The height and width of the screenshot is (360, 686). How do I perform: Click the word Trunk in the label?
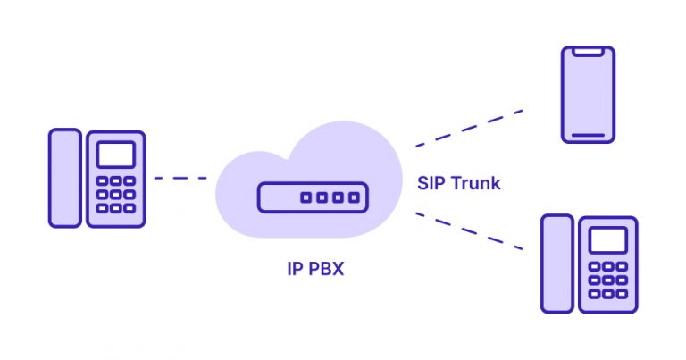point(475,184)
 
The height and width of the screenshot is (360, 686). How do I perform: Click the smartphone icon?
point(588,95)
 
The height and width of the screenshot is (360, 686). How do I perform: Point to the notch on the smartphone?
point(588,52)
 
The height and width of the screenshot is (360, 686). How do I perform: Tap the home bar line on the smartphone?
point(588,136)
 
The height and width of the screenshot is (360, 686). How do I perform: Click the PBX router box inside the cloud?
point(312,197)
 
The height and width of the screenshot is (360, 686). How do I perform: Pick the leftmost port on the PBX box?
point(305,197)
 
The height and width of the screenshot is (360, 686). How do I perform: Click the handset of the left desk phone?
point(64,177)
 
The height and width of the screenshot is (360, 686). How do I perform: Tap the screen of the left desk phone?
point(115,154)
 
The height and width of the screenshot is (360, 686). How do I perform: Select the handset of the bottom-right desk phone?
point(556,263)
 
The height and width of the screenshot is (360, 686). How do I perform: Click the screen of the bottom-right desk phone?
point(607,239)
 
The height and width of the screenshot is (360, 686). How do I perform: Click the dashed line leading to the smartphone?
point(469,128)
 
